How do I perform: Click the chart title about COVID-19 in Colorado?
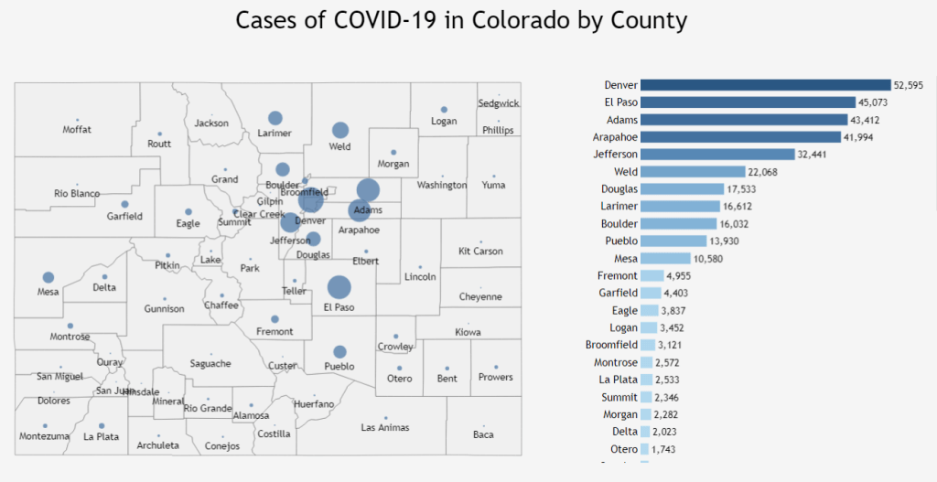[461, 21]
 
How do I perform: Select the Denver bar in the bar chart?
[765, 85]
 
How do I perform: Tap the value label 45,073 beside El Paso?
[873, 102]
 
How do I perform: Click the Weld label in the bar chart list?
[626, 172]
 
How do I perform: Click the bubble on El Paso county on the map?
[339, 287]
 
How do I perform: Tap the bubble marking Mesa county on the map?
[48, 277]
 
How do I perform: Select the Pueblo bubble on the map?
[340, 351]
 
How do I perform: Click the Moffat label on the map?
[77, 130]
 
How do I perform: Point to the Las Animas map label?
[385, 428]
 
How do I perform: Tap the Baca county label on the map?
[483, 434]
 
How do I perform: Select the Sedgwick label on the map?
[499, 104]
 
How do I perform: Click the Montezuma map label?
[44, 437]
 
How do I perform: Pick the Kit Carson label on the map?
[480, 252]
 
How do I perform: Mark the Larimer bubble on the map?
[275, 118]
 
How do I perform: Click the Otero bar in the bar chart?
[646, 449]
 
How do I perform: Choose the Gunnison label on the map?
[165, 309]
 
